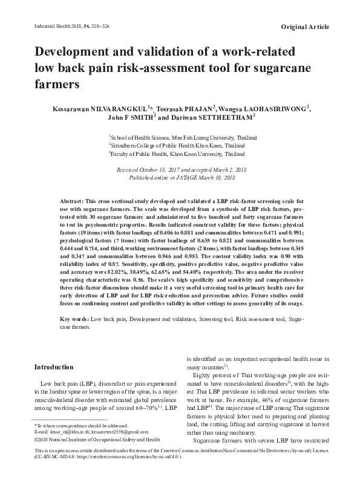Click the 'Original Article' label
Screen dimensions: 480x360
pos(306,28)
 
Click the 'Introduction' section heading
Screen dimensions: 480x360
pos(54,367)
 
